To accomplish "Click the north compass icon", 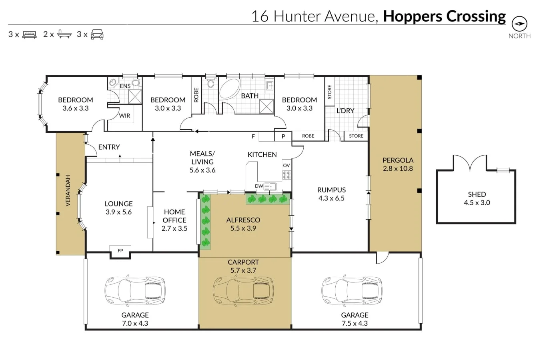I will click(519, 24).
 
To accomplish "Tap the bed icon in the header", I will click(29, 35).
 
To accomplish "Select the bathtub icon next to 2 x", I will click(64, 34).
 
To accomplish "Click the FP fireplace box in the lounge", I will click(120, 251).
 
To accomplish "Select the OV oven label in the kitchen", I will click(286, 166).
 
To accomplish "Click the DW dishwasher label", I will click(259, 186).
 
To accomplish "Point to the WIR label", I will click(124, 116).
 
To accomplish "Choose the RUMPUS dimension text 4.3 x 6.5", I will click(331, 198).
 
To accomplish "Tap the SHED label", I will click(477, 194).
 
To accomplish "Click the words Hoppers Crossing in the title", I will click(444, 16).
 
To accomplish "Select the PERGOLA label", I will click(397, 160).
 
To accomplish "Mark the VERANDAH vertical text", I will click(68, 190).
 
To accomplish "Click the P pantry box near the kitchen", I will click(283, 136).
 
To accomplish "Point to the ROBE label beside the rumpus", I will click(308, 136).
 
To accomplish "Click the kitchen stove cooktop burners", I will click(287, 175).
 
